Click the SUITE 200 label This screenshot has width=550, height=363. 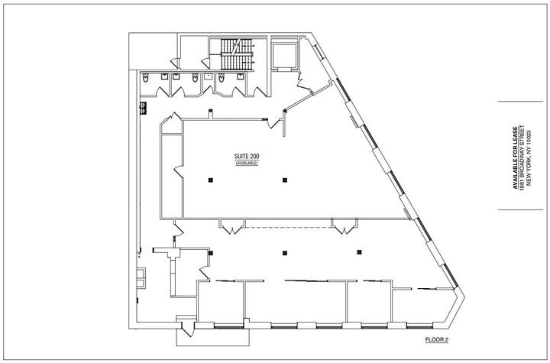click(247, 156)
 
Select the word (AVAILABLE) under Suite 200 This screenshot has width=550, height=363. click(247, 164)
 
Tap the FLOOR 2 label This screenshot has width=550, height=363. click(437, 339)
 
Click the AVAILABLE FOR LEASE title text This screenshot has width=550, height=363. click(516, 157)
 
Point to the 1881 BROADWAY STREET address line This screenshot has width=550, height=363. click(522, 157)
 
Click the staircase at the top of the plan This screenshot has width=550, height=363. click(237, 54)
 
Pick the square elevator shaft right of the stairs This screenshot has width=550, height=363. click(284, 57)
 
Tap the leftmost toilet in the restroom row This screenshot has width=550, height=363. click(145, 78)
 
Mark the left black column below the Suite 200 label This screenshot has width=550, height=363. click(211, 180)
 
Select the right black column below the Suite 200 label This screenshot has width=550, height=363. click(285, 180)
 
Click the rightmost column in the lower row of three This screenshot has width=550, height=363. click(359, 252)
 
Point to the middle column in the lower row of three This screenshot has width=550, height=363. click(285, 253)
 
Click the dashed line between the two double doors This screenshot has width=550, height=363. click(288, 228)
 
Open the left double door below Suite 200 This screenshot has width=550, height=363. click(232, 226)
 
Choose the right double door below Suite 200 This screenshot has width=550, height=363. click(345, 226)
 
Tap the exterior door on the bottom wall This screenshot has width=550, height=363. click(187, 329)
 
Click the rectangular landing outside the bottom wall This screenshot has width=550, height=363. click(212, 337)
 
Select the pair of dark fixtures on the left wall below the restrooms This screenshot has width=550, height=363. click(143, 108)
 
